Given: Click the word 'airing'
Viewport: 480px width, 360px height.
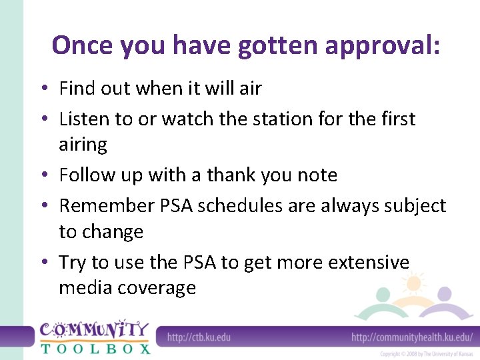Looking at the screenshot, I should click(83, 145).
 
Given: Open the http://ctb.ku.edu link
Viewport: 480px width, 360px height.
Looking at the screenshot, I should click(199, 337).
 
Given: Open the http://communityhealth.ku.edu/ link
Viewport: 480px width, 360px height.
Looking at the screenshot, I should click(412, 337).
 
